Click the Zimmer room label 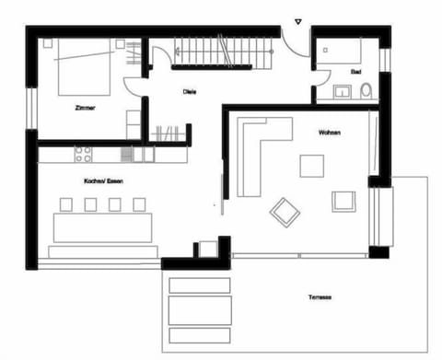[x=86, y=108]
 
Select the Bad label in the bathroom [x=355, y=71]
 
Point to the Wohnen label [x=329, y=133]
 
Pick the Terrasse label [x=320, y=296]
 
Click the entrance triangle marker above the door [x=297, y=20]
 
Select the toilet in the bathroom [x=366, y=92]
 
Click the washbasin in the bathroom [x=343, y=91]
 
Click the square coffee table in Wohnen [x=311, y=166]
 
